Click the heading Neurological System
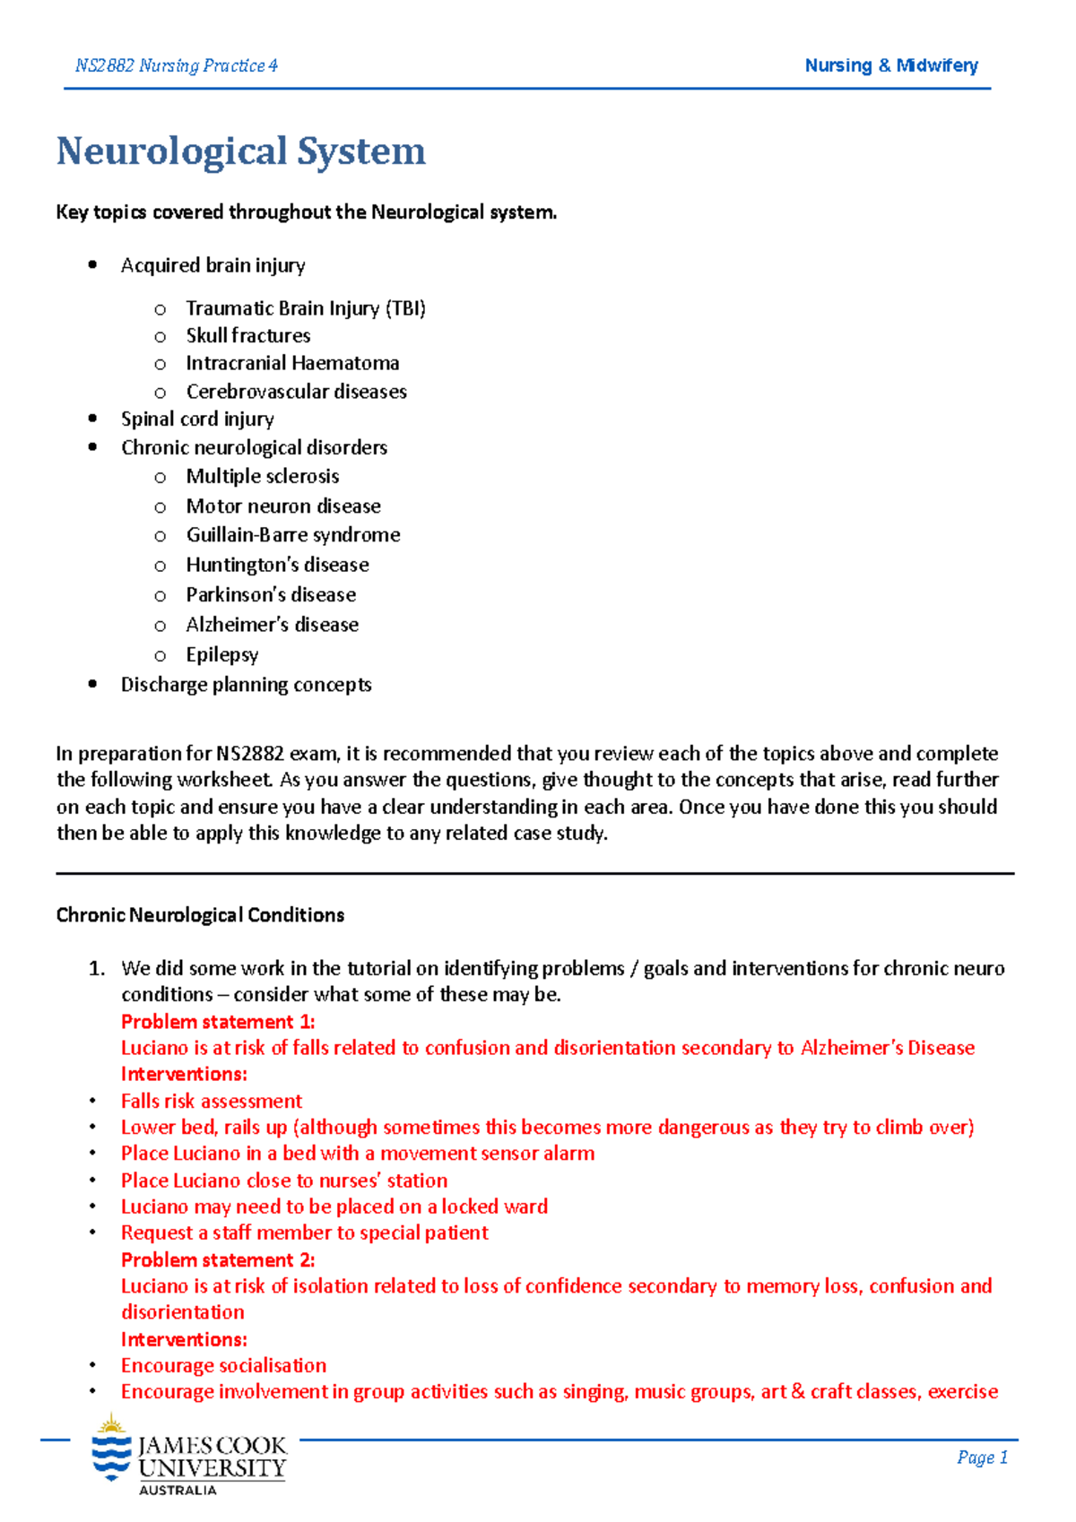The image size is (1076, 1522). [240, 151]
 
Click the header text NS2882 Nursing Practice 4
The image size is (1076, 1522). [177, 65]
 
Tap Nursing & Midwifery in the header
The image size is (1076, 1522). [890, 65]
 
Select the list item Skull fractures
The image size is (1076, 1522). [248, 335]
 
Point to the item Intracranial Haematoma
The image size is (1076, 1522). [292, 363]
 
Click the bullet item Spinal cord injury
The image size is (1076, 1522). [197, 419]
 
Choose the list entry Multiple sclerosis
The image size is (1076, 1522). [263, 476]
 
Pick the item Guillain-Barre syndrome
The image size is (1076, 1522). [293, 535]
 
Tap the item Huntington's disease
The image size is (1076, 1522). [277, 565]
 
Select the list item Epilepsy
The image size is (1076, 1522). [222, 654]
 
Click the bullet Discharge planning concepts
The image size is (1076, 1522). [246, 685]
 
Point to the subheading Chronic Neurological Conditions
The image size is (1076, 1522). [200, 915]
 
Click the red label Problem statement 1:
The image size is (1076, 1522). [218, 1022]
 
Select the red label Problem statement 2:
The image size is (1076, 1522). [218, 1260]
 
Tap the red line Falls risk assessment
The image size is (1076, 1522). [212, 1101]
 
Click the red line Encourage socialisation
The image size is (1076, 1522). [223, 1365]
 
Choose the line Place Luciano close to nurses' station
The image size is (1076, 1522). [284, 1180]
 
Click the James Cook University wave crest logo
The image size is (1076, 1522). [111, 1450]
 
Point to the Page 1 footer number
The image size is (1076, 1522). [982, 1457]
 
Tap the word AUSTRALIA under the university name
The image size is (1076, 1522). [178, 1490]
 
